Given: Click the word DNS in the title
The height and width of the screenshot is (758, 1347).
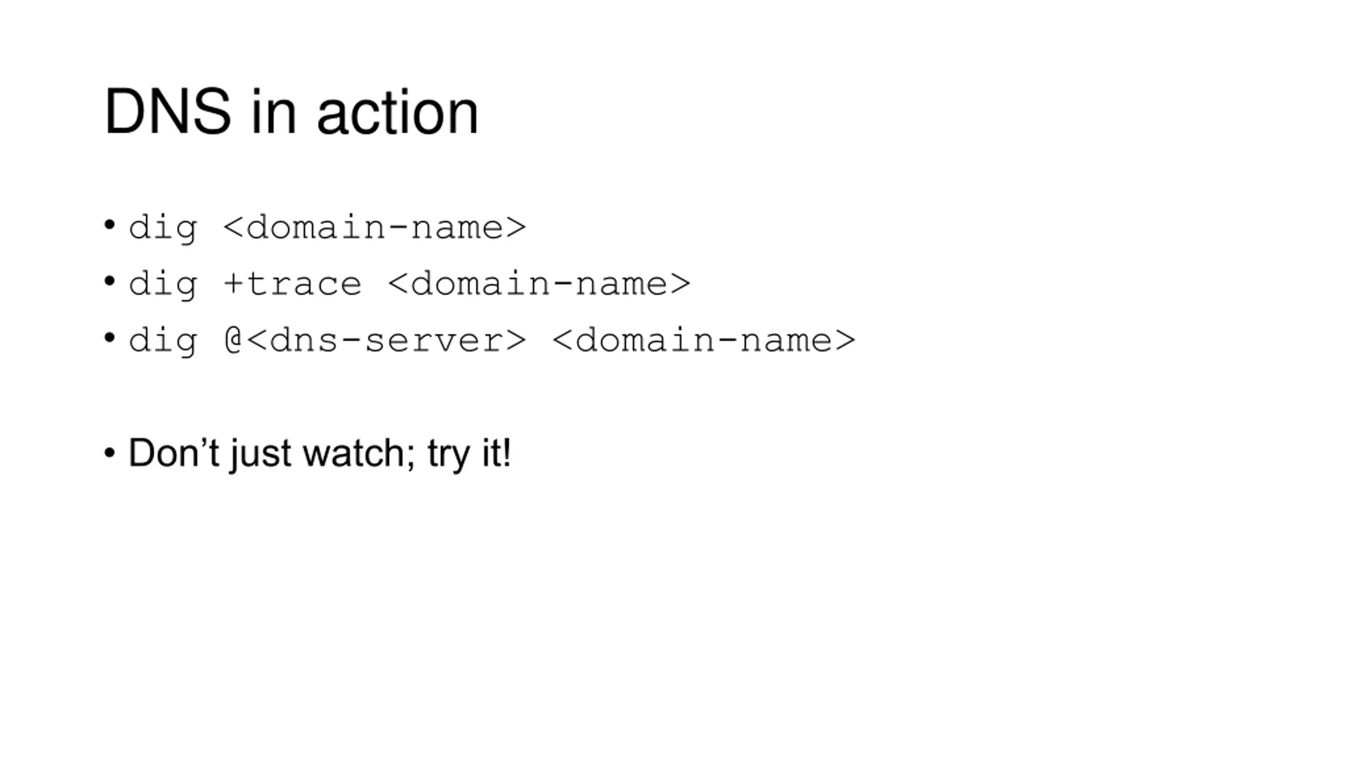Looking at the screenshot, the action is click(x=167, y=112).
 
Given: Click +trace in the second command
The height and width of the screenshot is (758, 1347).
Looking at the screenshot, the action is click(x=293, y=284).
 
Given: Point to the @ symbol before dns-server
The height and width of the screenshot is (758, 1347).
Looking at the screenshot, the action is click(x=233, y=340).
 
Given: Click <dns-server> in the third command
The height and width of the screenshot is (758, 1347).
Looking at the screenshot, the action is click(x=386, y=340).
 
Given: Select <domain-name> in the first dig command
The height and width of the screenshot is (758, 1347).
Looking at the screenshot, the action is click(x=375, y=228).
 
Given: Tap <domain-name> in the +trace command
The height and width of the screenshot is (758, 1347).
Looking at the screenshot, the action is click(x=539, y=284).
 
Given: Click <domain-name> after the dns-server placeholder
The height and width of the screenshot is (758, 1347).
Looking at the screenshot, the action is click(x=704, y=340).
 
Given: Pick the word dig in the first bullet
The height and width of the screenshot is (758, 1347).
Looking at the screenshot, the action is click(x=163, y=228).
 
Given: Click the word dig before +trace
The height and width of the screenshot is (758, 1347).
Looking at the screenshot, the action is click(x=163, y=284).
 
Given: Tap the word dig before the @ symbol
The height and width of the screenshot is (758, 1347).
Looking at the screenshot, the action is click(x=163, y=340).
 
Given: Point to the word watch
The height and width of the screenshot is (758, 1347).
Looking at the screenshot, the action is click(x=354, y=453).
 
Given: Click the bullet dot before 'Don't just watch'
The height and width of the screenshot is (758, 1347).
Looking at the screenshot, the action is click(x=109, y=453).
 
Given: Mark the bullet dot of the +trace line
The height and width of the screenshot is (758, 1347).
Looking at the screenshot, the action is click(x=109, y=281).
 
